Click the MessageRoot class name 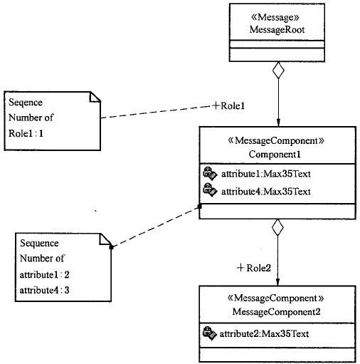[x=277, y=30]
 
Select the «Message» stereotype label [x=275, y=17]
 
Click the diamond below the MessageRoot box [x=278, y=70]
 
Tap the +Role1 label [x=228, y=105]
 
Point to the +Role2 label [x=254, y=268]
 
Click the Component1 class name [x=275, y=155]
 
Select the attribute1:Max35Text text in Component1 [x=266, y=174]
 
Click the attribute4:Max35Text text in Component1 [x=266, y=192]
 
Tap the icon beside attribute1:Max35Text [x=210, y=173]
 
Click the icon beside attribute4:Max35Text [x=210, y=190]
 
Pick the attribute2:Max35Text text [x=264, y=334]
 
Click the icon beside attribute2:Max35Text [x=210, y=333]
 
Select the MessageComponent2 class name [x=276, y=311]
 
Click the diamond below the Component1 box [x=277, y=227]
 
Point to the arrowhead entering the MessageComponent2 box [x=277, y=281]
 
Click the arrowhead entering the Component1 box [x=278, y=123]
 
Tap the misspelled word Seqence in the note [x=26, y=103]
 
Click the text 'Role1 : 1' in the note [x=26, y=133]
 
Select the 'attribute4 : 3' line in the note [x=44, y=290]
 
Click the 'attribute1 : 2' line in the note [x=44, y=275]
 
